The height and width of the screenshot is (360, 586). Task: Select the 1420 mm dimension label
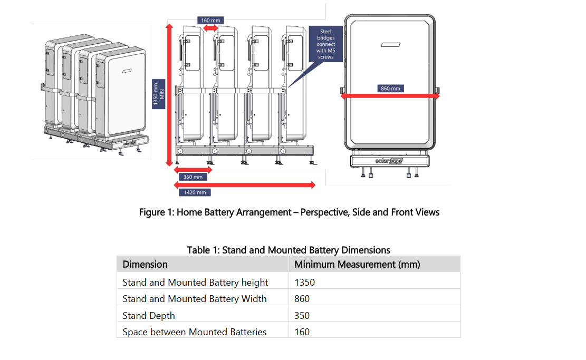pos(195,192)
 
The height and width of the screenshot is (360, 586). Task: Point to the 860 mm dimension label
pos(390,88)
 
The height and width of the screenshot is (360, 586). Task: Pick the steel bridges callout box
pos(326,44)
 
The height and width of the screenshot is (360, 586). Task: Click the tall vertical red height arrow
pos(170,95)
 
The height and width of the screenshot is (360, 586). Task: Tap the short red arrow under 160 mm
pos(210,28)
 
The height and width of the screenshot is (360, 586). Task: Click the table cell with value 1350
pos(305,282)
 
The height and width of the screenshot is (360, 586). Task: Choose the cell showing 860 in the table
pos(302,298)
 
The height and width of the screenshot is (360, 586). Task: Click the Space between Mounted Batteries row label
pos(194,332)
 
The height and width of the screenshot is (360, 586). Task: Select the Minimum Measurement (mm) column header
pos(357,265)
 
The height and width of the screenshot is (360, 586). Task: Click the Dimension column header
pos(145,265)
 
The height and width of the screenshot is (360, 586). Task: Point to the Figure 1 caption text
pos(289,212)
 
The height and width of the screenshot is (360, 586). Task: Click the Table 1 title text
pos(289,250)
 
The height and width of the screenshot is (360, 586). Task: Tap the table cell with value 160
pos(302,332)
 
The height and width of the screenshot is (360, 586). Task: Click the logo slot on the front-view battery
pos(390,45)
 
